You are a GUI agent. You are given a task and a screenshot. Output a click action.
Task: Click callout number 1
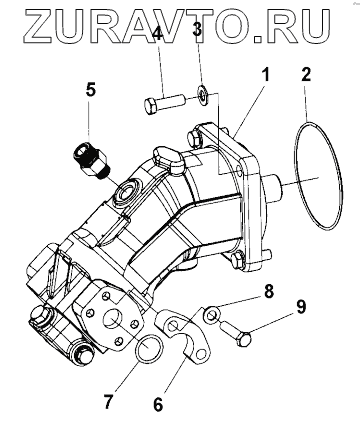[265, 75]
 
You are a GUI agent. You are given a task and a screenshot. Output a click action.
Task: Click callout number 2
[306, 74]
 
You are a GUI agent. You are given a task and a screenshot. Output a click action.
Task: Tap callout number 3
[197, 29]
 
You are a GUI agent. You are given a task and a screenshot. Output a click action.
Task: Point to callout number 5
[91, 90]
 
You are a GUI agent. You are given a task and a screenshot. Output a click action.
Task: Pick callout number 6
[158, 404]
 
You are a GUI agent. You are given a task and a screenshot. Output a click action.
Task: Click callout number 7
[107, 401]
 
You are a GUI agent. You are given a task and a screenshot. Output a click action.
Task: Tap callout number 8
[268, 291]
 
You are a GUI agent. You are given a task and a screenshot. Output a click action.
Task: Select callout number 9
[301, 306]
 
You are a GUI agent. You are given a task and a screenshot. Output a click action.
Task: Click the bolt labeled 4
[164, 103]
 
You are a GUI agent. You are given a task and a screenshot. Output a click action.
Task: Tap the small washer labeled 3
[201, 94]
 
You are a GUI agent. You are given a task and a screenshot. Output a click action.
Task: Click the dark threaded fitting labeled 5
[90, 159]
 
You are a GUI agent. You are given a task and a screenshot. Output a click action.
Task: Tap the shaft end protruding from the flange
[274, 188]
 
